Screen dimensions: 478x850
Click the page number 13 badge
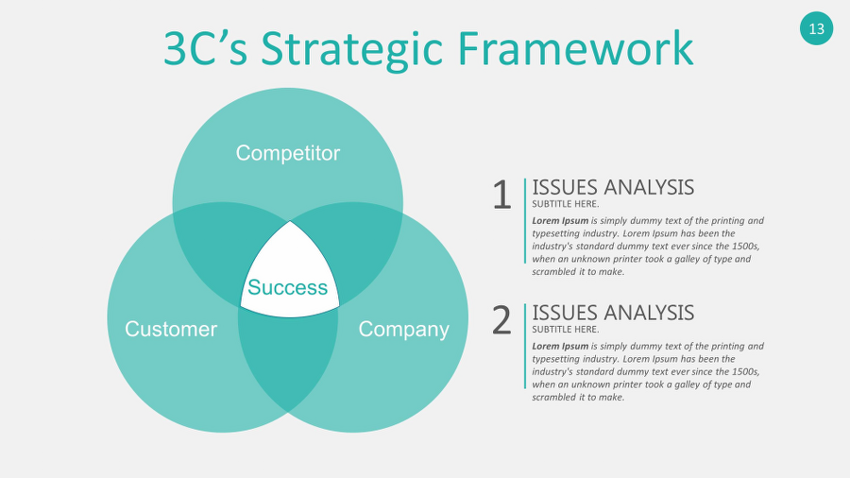click(816, 28)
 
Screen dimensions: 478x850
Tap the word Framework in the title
click(575, 49)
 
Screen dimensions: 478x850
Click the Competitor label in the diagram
click(287, 153)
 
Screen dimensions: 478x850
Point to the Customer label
click(171, 329)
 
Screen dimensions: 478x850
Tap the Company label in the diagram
click(403, 329)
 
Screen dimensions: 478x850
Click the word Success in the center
click(287, 287)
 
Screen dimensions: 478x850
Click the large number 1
click(501, 196)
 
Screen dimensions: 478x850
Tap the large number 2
click(501, 321)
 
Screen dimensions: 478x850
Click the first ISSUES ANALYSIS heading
click(613, 187)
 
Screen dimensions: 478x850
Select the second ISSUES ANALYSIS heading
click(613, 313)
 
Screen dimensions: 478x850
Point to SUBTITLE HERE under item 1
click(565, 204)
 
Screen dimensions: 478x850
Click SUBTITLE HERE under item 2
click(565, 330)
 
